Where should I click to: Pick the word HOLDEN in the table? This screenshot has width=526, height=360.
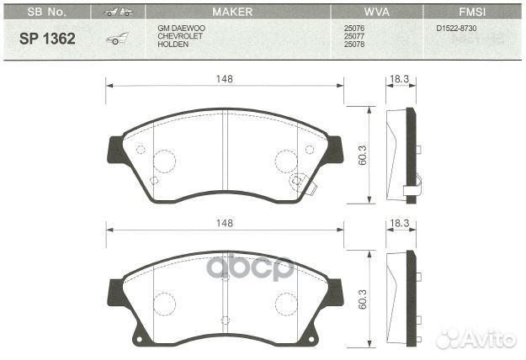click(173, 44)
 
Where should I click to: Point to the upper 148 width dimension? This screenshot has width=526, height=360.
click(223, 78)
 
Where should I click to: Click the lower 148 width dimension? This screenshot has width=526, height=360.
click(223, 223)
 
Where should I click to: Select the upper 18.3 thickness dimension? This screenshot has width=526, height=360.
click(399, 78)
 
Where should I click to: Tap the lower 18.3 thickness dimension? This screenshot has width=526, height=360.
click(399, 223)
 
